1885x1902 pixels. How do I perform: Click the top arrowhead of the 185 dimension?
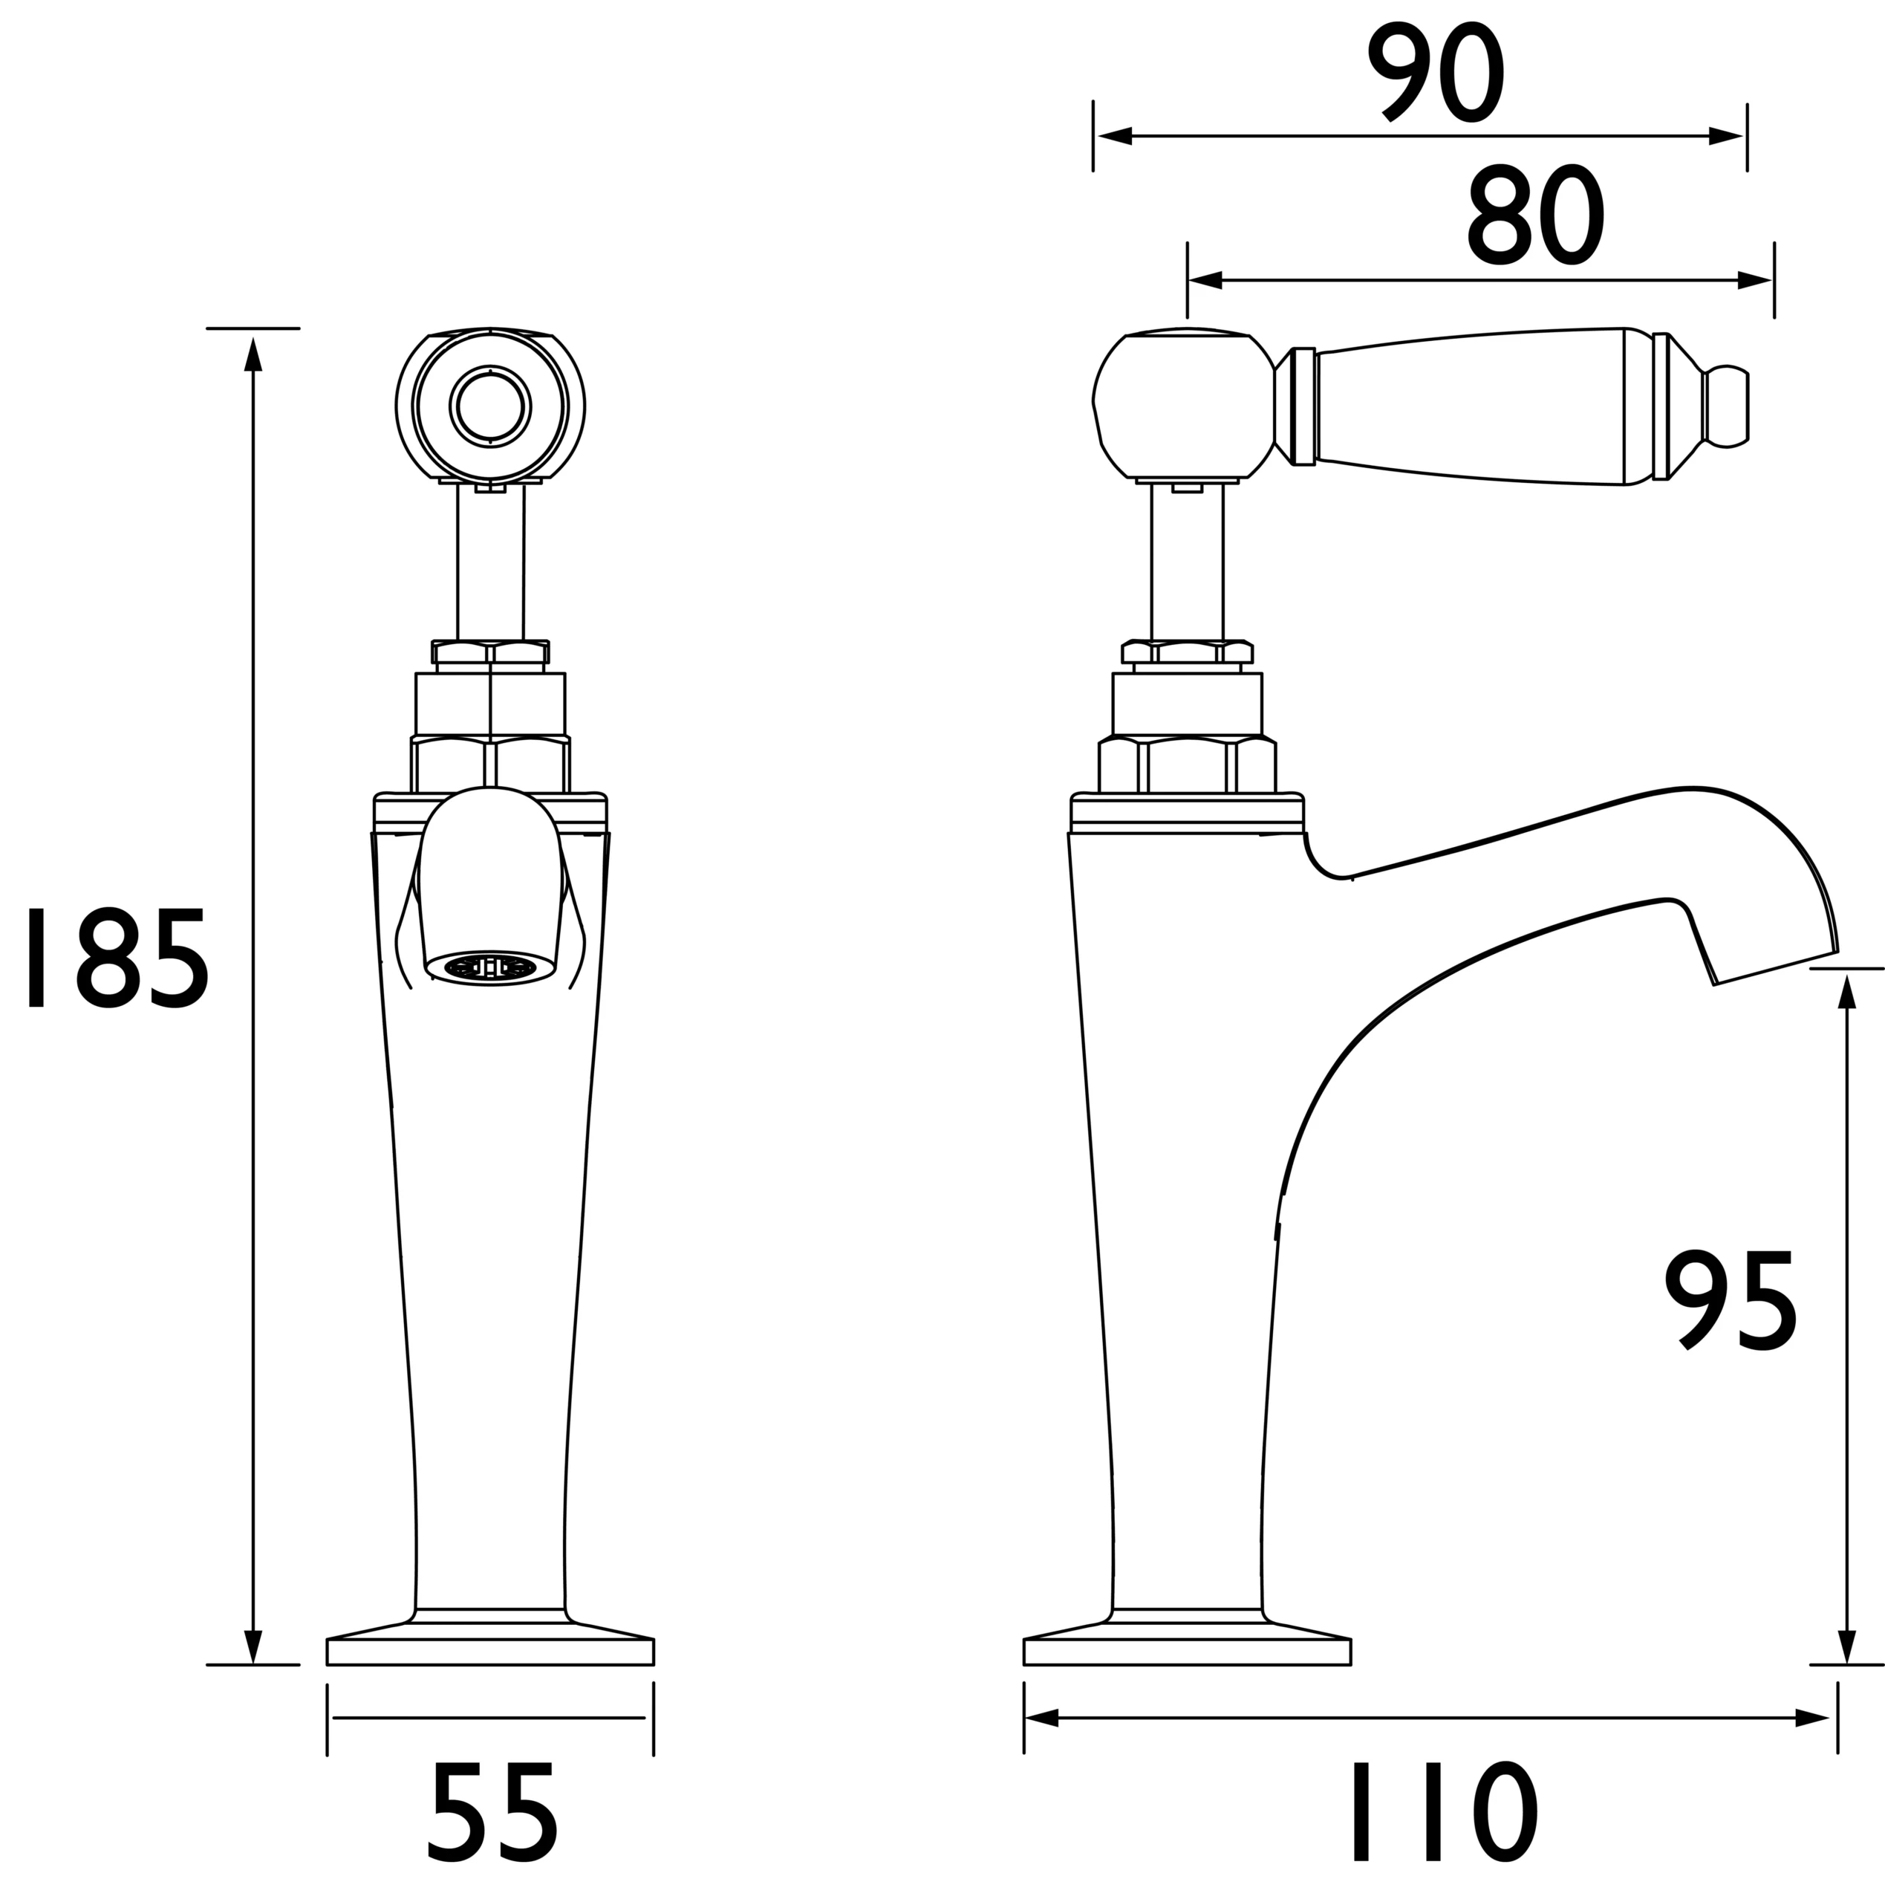(x=253, y=354)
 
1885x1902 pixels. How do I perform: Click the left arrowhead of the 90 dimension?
(x=1113, y=136)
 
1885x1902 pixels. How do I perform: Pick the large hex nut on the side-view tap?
(x=1187, y=765)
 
